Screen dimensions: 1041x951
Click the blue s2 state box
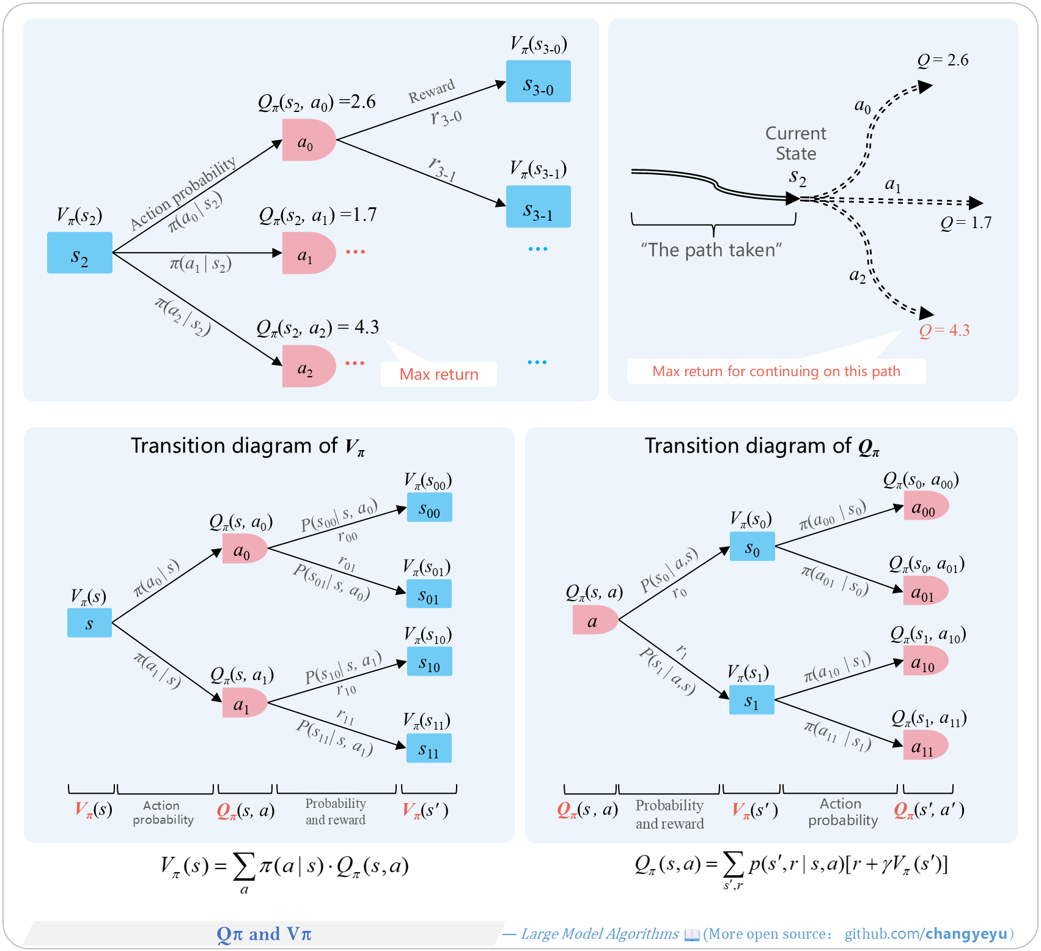79,253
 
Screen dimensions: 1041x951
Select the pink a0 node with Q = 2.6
309,140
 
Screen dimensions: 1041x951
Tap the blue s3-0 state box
538,81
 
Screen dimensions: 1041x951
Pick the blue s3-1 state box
538,207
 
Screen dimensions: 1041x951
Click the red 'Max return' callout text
439,374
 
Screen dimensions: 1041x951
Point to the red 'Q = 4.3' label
944,330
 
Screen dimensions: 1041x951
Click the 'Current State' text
796,143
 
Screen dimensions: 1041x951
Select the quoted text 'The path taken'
712,250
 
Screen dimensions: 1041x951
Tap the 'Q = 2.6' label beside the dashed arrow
943,60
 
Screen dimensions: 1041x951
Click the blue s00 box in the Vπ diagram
429,507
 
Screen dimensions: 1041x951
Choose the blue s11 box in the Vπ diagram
429,748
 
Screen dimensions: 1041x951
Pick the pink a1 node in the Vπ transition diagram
245,703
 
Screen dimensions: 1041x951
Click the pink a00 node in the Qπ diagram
926,506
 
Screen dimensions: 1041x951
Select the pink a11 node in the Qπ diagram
926,745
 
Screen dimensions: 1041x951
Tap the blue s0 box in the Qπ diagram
752,546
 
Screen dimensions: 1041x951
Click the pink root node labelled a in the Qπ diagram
595,620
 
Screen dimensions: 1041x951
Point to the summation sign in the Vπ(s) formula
244,866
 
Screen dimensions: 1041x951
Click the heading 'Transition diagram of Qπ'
762,446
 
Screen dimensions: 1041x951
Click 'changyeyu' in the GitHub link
966,934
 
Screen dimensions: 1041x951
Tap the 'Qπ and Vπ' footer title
264,934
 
